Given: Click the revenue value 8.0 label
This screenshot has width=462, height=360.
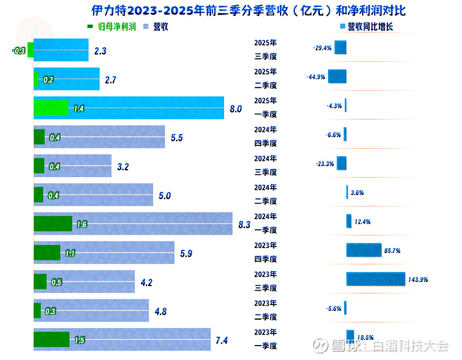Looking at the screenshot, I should coord(235,108).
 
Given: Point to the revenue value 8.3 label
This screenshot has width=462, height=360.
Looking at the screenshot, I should coord(244,225).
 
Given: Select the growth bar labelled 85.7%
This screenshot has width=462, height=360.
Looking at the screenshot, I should coord(364,250).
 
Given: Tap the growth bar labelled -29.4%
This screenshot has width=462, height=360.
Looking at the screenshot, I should coord(341,48).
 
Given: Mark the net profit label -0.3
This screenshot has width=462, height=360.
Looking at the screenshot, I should coord(18,51).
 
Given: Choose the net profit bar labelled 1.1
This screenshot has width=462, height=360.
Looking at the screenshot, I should coord(47,253).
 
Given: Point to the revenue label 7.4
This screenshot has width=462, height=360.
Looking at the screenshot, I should coord(221,341).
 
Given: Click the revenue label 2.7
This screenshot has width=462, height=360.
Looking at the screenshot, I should coord(111,80).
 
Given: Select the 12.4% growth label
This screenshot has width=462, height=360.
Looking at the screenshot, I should coord(363,222).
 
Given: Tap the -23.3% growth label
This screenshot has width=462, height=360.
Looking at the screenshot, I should coord(325,164).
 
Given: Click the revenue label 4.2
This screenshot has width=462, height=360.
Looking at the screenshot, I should coord(146,283).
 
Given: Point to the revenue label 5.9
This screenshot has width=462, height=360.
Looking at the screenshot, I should coord(185,253).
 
